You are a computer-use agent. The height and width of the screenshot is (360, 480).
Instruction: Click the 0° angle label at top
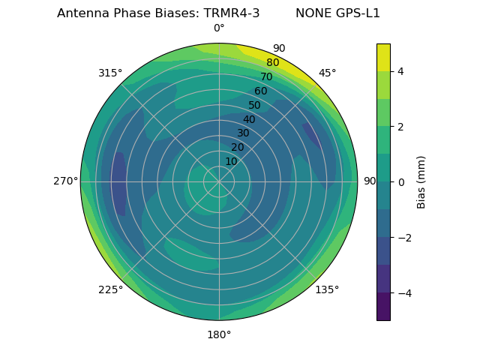[x=219, y=28]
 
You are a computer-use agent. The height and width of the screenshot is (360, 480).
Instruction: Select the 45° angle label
[x=327, y=73]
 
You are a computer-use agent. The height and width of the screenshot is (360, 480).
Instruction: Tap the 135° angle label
[x=327, y=289]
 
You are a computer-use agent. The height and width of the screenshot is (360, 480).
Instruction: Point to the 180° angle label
[x=219, y=334]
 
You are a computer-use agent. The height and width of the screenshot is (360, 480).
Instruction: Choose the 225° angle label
[x=110, y=289]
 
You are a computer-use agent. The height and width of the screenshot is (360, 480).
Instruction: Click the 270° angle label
[x=65, y=181]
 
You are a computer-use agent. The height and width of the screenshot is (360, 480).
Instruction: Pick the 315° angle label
[x=110, y=73]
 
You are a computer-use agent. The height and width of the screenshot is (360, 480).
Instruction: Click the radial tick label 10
[x=231, y=161]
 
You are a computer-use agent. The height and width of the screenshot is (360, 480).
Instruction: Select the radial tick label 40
[x=249, y=119]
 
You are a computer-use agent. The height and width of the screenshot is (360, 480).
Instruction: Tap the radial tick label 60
[x=260, y=91]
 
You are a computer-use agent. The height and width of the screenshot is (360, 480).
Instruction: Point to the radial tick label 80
[x=272, y=63]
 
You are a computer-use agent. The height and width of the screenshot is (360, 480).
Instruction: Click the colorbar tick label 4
[x=401, y=71]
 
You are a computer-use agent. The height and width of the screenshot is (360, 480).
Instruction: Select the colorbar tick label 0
[x=401, y=182]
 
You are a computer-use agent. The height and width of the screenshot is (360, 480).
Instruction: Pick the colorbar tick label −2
[x=404, y=238]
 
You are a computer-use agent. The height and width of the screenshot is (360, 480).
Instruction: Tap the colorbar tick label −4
[x=404, y=293]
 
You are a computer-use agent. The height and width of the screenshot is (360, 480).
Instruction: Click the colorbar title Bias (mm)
[x=421, y=182]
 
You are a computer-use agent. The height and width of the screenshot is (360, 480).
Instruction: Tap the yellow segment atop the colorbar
[x=383, y=57]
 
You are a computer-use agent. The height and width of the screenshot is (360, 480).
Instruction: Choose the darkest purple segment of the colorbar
[x=383, y=307]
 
